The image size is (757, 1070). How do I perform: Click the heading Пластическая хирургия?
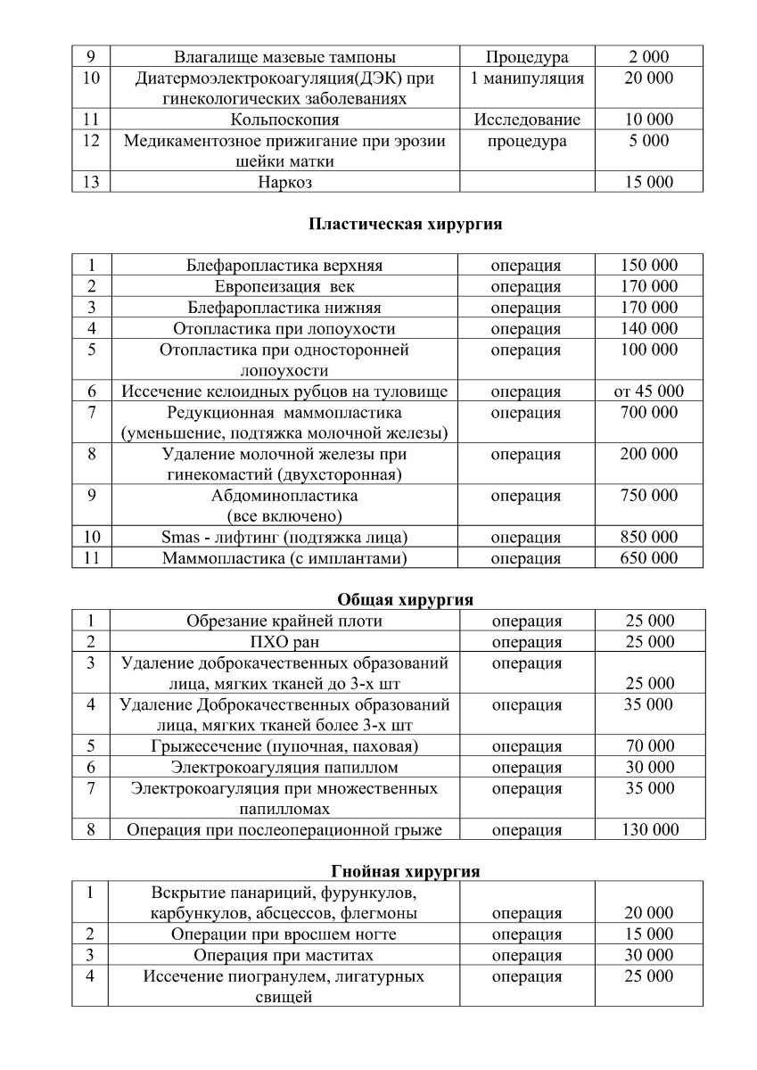coord(405,225)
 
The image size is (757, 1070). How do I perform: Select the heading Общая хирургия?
coord(405,599)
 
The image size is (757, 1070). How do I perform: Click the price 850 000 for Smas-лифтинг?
coord(649,538)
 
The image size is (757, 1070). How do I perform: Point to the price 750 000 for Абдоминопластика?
coord(649,496)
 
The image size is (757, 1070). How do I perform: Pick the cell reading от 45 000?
coord(649,391)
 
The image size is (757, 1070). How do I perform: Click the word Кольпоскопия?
coord(284,119)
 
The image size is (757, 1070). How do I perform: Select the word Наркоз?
coord(284,183)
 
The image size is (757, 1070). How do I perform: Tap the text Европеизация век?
coord(284,287)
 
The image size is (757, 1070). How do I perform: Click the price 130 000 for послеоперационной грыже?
coord(649,830)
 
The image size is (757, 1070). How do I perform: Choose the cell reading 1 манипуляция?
coord(527,78)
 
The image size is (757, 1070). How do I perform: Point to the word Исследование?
coord(527,119)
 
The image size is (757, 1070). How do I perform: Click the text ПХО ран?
coord(284,642)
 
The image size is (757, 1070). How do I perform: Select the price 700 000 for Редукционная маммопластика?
coord(649,413)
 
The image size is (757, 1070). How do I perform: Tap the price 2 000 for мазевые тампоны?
coord(649,57)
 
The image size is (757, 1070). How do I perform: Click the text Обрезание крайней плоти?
coord(284,621)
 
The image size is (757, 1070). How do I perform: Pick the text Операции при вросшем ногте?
coord(284,934)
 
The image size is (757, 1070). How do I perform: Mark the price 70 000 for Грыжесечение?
coord(649,746)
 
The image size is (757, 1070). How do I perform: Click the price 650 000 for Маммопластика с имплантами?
coord(649,559)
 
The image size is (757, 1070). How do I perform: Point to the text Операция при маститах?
coord(284,956)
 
